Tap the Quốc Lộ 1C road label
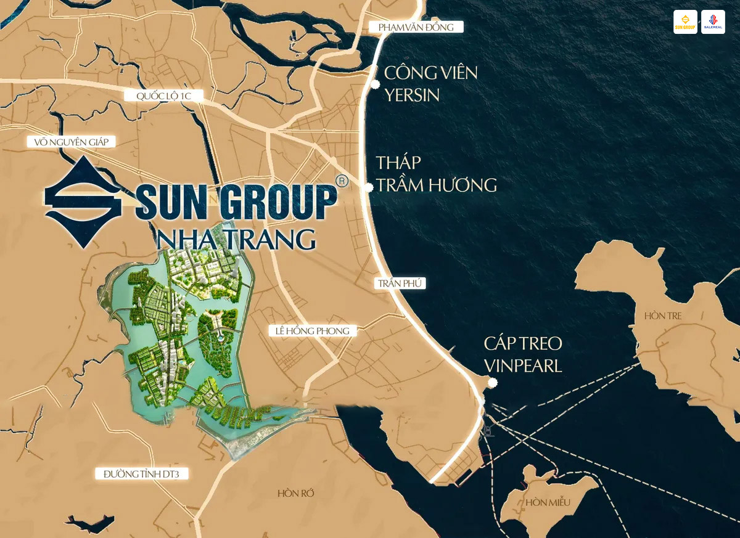[x=163, y=96]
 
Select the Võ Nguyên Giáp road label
[x=72, y=142]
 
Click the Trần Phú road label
[x=400, y=283]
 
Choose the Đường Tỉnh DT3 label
[x=141, y=474]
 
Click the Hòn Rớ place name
[x=297, y=494]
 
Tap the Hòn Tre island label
[x=663, y=316]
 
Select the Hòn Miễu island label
[x=548, y=502]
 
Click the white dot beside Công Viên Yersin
[x=374, y=84]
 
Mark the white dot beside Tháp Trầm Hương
[x=369, y=187]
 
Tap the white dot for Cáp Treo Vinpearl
[x=492, y=383]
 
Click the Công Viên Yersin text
[x=430, y=84]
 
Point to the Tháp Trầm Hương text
[x=436, y=174]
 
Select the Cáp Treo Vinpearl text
[x=523, y=354]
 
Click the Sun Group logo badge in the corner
[x=685, y=22]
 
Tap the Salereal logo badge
[x=713, y=22]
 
